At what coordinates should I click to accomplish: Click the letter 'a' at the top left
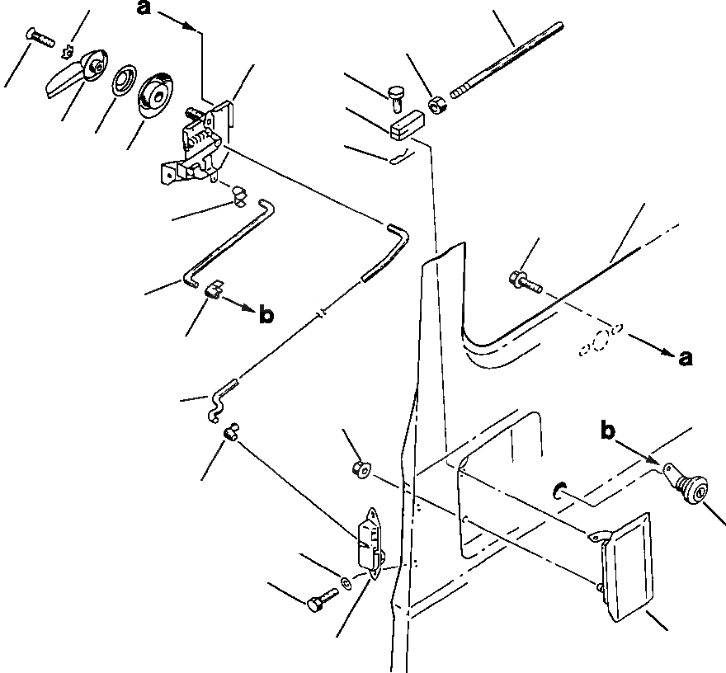click(144, 10)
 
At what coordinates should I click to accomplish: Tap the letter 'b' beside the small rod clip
click(266, 315)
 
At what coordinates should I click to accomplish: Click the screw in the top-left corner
click(39, 35)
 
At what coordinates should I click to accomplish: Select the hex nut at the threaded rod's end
click(438, 106)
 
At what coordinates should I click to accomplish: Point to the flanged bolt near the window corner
click(526, 281)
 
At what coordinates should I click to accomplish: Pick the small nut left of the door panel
click(360, 470)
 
